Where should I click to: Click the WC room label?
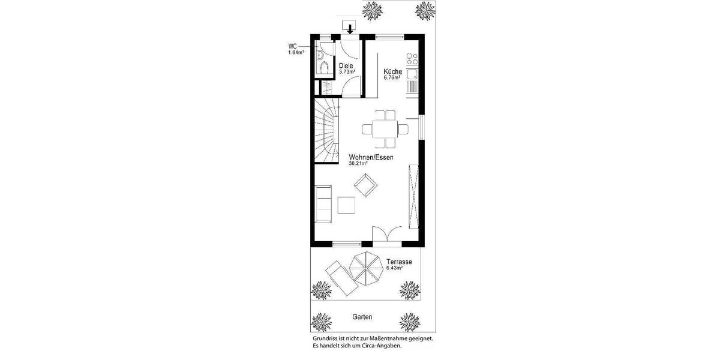[x=293, y=46]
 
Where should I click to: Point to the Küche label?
[x=393, y=71]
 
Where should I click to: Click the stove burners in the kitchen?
[x=412, y=59]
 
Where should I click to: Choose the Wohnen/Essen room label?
[x=371, y=157]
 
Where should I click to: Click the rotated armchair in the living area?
[x=364, y=185]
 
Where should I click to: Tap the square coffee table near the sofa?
[x=347, y=205]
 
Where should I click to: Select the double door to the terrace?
[x=387, y=235]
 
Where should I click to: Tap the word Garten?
[x=362, y=317]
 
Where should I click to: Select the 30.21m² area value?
[x=358, y=164]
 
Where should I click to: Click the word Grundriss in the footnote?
[x=326, y=338]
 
